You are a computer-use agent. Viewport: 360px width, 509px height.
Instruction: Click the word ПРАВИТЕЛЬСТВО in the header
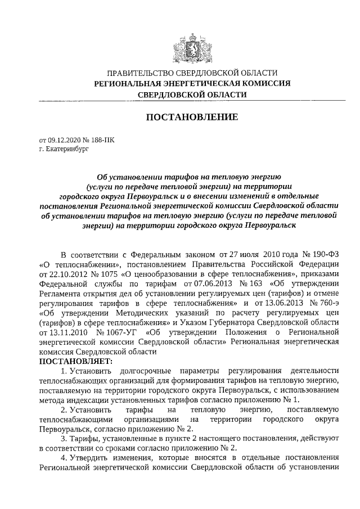[141, 73]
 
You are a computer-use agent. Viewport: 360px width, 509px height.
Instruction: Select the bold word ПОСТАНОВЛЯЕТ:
[76, 360]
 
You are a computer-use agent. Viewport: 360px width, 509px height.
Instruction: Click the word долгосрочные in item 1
[141, 370]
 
